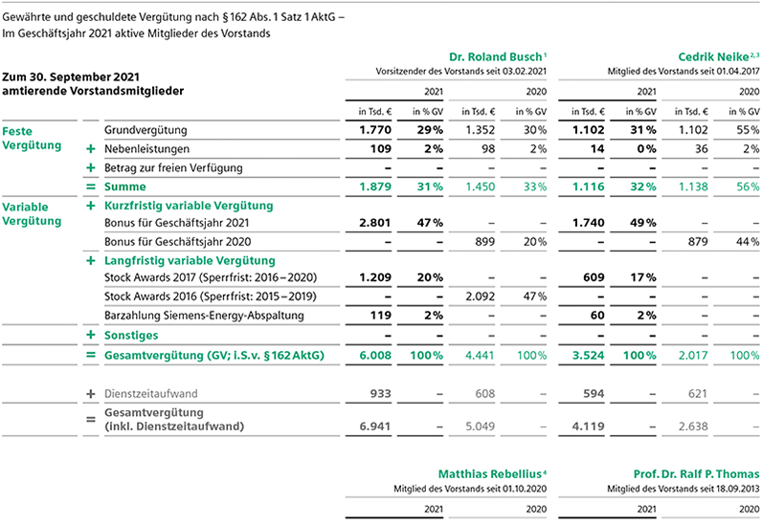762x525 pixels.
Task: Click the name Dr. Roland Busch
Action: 495,56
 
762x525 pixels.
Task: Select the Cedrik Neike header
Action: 713,56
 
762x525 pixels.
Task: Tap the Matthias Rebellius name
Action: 490,474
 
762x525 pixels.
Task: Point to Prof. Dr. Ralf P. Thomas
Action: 696,474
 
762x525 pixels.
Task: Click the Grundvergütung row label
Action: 146,130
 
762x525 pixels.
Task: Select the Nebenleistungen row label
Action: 146,149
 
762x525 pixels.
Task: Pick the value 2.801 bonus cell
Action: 374,223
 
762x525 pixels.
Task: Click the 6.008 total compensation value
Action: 375,356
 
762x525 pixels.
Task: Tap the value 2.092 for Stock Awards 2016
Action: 481,296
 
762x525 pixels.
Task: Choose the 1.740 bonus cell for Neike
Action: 588,223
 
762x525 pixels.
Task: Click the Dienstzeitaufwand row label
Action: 150,394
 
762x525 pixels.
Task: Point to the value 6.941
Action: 375,427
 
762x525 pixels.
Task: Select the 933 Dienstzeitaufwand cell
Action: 380,394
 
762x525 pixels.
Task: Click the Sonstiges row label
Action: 131,336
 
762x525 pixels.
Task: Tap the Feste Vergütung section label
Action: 32,139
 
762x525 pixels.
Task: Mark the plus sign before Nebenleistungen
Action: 90,149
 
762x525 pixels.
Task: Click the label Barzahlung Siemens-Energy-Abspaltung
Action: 204,316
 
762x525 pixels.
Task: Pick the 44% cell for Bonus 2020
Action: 748,242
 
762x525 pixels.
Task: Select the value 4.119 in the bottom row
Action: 588,427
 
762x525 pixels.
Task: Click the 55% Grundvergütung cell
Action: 748,130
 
